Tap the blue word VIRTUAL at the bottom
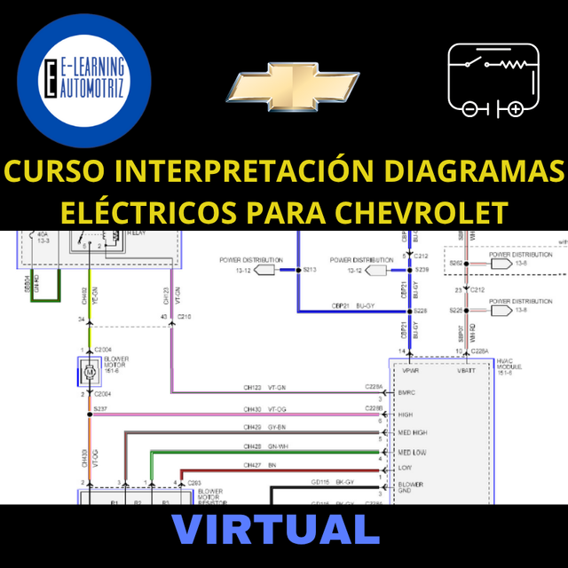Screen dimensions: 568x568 (276, 529)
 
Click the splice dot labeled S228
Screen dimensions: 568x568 (410, 312)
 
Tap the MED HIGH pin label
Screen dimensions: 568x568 (414, 432)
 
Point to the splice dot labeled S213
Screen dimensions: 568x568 (298, 269)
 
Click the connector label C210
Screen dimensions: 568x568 (185, 317)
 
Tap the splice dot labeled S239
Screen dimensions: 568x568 (410, 269)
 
